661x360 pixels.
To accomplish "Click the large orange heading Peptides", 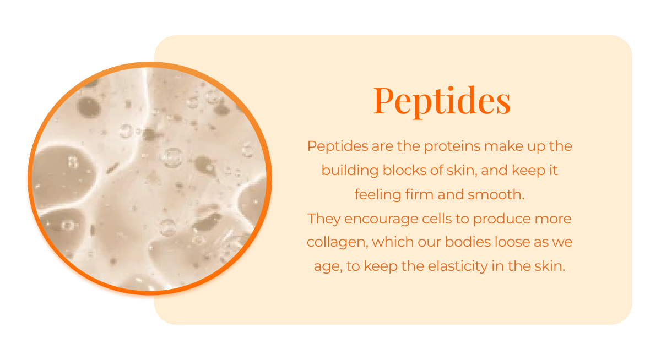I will tap(442, 100).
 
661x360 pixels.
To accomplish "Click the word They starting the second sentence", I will tap(323, 219).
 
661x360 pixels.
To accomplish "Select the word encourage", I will tap(371, 219).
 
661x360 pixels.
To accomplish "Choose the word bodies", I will tap(459, 243).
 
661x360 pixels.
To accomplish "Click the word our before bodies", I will tap(422, 243).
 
